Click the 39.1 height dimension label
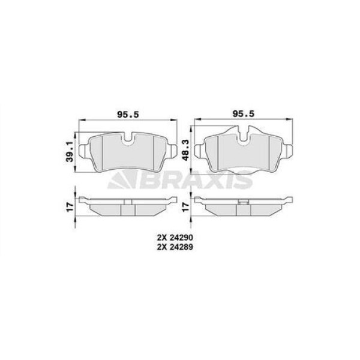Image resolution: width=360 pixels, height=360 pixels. [70, 152]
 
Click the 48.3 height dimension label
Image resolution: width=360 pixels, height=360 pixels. [185, 149]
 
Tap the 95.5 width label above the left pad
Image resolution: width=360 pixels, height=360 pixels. [128, 114]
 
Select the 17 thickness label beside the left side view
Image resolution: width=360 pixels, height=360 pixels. [70, 207]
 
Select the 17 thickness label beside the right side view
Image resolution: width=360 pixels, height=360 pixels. [185, 207]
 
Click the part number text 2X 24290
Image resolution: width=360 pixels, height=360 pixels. [175, 237]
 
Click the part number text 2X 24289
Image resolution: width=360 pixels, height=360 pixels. [175, 247]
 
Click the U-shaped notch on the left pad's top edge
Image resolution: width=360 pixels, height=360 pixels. [128, 139]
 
